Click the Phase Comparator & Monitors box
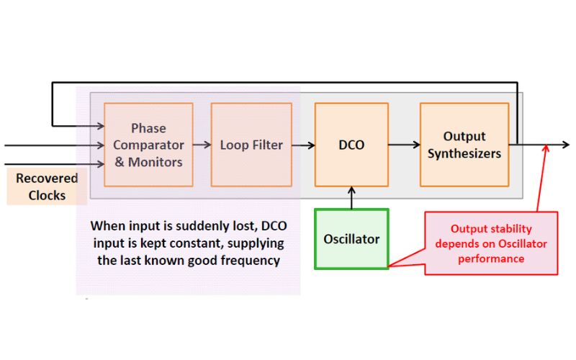click(148, 145)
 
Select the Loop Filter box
click(251, 145)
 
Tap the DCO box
click(351, 145)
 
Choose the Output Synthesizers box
click(464, 145)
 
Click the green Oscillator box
click(351, 239)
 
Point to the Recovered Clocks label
click(47, 186)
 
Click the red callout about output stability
click(491, 243)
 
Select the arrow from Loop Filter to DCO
click(303, 145)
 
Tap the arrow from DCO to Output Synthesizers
click(404, 145)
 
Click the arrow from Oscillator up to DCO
click(351, 197)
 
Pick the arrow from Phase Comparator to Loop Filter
click(202, 145)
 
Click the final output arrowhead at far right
click(566, 145)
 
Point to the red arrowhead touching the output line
click(546, 148)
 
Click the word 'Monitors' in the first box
click(155, 162)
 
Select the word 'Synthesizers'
click(464, 153)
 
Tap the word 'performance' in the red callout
click(491, 258)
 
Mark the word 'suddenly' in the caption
click(202, 226)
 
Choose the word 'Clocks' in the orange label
click(47, 195)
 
